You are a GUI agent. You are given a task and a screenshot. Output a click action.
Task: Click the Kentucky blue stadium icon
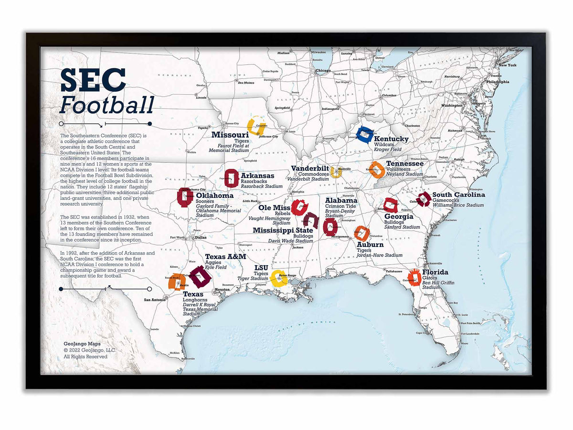(366, 135)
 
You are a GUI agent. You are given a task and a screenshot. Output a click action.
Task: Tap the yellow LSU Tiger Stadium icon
(278, 278)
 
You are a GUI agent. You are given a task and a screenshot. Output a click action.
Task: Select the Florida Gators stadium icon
(414, 278)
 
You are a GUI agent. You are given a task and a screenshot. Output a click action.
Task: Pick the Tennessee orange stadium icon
(377, 170)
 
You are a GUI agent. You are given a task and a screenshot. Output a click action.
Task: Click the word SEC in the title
(93, 80)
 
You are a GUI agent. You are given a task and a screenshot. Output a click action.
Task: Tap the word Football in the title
(106, 105)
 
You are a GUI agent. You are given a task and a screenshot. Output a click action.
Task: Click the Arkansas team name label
(257, 176)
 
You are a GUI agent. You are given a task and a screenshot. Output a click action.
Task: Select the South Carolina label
(458, 194)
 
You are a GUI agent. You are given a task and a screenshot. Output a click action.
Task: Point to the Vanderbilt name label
(310, 168)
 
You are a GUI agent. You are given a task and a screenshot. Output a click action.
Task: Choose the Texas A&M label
(225, 257)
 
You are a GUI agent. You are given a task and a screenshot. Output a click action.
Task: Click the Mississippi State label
(283, 230)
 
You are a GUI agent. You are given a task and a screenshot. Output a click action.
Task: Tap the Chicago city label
(323, 71)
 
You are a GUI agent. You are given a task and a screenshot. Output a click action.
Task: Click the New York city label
(507, 65)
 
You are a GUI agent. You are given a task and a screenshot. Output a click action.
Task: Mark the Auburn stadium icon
(362, 233)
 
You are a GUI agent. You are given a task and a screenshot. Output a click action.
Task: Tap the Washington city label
(452, 105)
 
